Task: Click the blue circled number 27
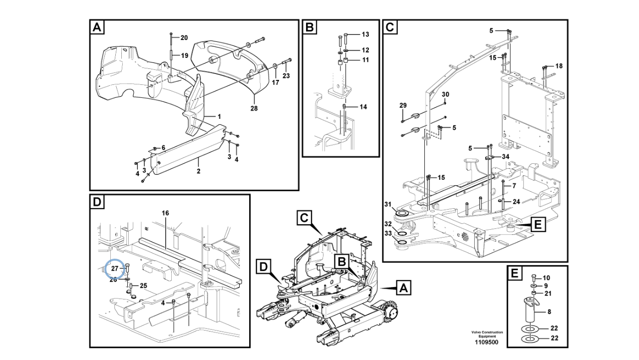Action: (x=115, y=269)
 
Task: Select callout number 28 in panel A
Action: (x=254, y=108)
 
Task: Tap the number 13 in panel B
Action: (x=365, y=34)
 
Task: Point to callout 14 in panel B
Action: (x=363, y=107)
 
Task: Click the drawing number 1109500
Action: (x=487, y=343)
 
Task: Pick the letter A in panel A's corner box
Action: (x=97, y=27)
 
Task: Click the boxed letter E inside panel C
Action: (x=538, y=225)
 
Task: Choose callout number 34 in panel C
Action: (x=506, y=157)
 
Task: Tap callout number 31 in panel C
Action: (x=388, y=204)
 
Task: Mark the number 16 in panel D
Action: (x=165, y=213)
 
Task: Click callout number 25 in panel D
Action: (x=143, y=286)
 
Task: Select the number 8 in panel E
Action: (x=549, y=312)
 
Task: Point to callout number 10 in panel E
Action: (x=546, y=278)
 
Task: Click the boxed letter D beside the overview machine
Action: (x=264, y=267)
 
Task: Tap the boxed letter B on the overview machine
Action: (x=342, y=262)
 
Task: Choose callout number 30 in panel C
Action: (x=445, y=94)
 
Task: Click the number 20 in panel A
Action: (x=184, y=37)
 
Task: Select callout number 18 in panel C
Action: (x=559, y=66)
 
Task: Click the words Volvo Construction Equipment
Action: (x=487, y=335)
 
